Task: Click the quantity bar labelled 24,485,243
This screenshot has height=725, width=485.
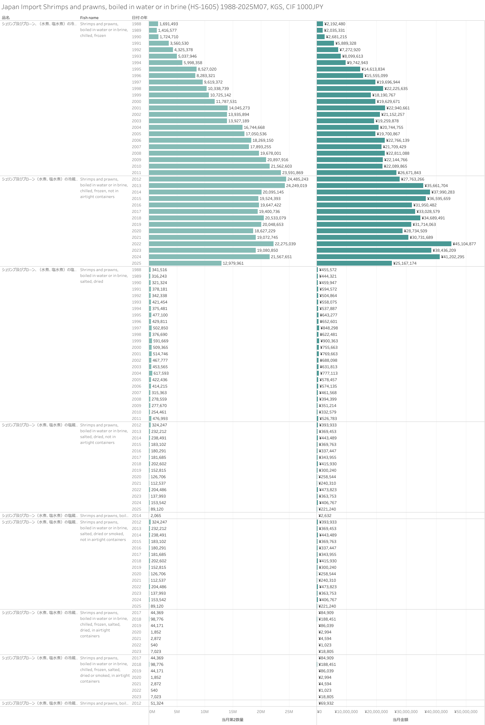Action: pyautogui.click(x=217, y=179)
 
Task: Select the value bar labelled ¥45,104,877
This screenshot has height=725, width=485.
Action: pyautogui.click(x=384, y=244)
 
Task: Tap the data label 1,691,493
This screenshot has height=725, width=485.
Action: pyautogui.click(x=168, y=24)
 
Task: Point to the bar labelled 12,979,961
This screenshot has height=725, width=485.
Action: pyautogui.click(x=185, y=263)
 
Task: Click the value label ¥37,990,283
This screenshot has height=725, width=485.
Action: pyautogui.click(x=443, y=192)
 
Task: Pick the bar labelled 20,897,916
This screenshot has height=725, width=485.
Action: pyautogui.click(x=207, y=160)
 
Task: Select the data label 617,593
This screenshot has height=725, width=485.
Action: pyautogui.click(x=161, y=373)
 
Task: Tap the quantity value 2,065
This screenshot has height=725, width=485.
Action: pyautogui.click(x=156, y=516)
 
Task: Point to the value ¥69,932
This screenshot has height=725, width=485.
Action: pyautogui.click(x=326, y=703)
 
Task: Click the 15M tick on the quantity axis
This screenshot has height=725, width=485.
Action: pyautogui.click(x=232, y=712)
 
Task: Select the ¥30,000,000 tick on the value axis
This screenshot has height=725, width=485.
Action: pyautogui.click(x=406, y=712)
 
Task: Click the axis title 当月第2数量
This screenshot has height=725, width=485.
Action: pyautogui.click(x=232, y=720)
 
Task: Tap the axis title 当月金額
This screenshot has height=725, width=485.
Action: pyautogui.click(x=400, y=720)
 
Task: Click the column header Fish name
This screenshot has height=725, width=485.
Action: pyautogui.click(x=89, y=18)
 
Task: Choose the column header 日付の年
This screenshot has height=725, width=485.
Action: pyautogui.click(x=139, y=18)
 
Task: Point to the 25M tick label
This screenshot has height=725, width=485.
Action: pyautogui.click(x=289, y=712)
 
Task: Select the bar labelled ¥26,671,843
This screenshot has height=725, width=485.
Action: pyautogui.click(x=356, y=173)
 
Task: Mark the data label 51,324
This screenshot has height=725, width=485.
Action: pyautogui.click(x=157, y=703)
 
